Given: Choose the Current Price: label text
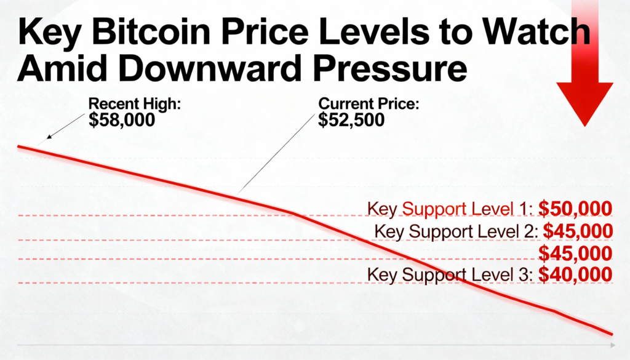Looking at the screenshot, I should tap(369, 104).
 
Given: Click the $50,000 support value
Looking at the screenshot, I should tap(575, 209).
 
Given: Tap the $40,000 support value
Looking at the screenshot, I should tap(575, 275).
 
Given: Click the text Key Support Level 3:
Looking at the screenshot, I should tap(450, 275).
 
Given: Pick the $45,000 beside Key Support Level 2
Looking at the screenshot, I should tap(575, 232).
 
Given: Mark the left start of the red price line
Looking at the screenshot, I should tap(18, 146).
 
